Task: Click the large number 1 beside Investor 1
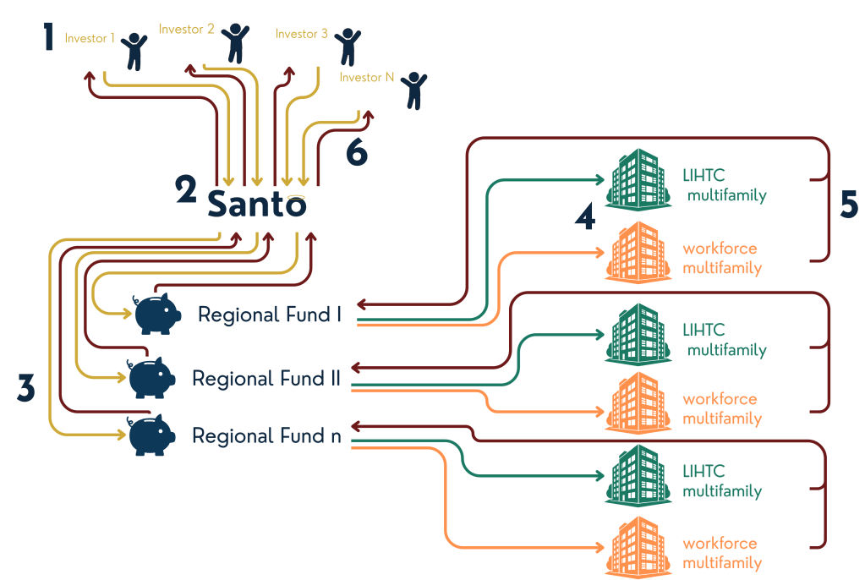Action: (50, 38)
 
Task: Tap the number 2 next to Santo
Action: (187, 190)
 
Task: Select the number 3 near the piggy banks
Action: (26, 387)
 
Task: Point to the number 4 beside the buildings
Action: (584, 216)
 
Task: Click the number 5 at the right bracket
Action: (848, 204)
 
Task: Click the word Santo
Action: (257, 204)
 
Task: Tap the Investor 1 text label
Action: (90, 39)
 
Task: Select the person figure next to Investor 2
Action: (234, 39)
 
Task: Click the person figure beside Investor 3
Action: (347, 46)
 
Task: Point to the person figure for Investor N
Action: (413, 90)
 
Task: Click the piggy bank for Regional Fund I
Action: (158, 314)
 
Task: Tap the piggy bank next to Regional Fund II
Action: (151, 377)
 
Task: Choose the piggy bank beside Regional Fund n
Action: (151, 435)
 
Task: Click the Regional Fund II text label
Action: (266, 378)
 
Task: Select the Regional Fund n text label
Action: (266, 436)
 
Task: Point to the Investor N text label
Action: (366, 77)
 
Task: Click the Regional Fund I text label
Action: (270, 315)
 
